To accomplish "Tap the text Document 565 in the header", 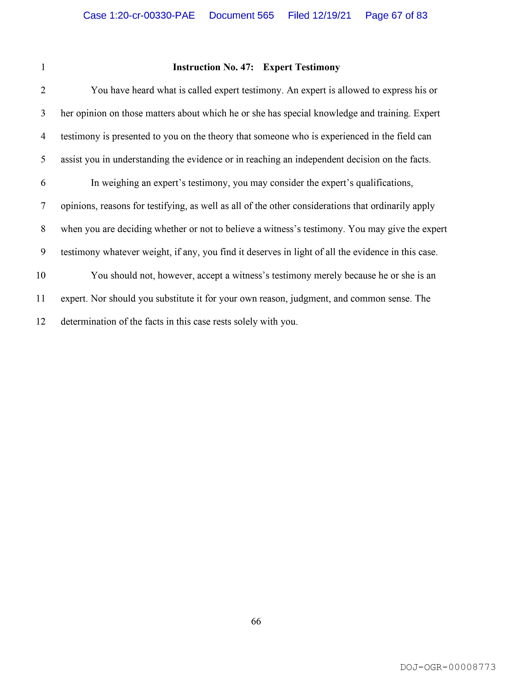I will (x=241, y=15).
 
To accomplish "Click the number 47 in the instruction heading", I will (x=246, y=67).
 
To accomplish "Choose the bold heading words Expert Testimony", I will (x=301, y=67).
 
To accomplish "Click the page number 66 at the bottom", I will (x=256, y=621).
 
